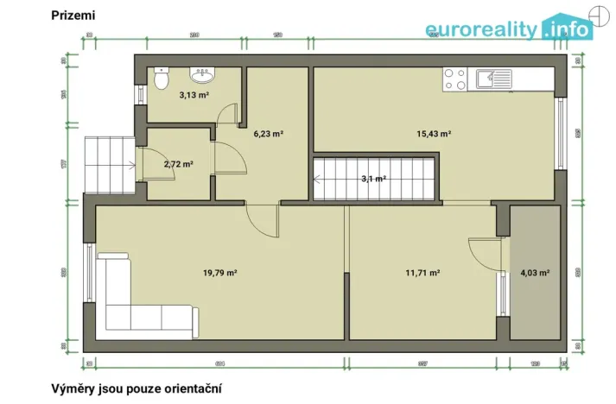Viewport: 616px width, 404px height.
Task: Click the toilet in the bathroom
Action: coord(161,79)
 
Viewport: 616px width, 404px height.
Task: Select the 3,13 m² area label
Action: coord(194,95)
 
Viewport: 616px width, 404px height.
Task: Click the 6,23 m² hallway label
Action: coord(269,134)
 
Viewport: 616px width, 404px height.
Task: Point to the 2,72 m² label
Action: coord(178,163)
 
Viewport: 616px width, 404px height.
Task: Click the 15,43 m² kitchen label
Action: coord(435,134)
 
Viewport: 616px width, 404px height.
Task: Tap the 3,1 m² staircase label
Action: coord(372,179)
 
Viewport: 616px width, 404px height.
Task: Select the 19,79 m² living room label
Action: coord(220,273)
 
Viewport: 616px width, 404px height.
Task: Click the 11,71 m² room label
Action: coord(423,273)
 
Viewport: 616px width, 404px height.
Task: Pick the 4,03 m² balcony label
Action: coord(535,273)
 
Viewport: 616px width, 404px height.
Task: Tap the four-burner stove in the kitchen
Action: coord(454,80)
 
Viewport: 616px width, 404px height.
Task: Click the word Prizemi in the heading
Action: coord(73,15)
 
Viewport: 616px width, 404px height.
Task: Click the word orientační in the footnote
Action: coord(189,388)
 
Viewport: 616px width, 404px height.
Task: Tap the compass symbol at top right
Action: coord(595,12)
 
